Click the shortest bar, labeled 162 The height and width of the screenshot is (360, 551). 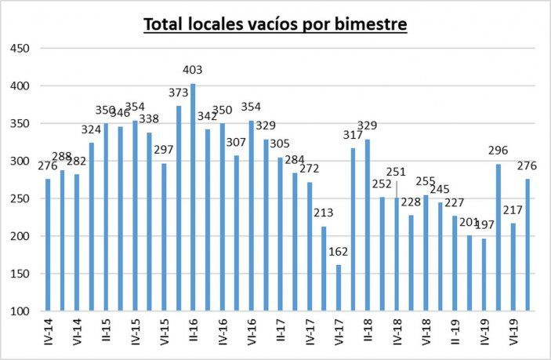click(338, 288)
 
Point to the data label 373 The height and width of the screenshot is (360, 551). click(179, 93)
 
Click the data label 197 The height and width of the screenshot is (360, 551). click(484, 226)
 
